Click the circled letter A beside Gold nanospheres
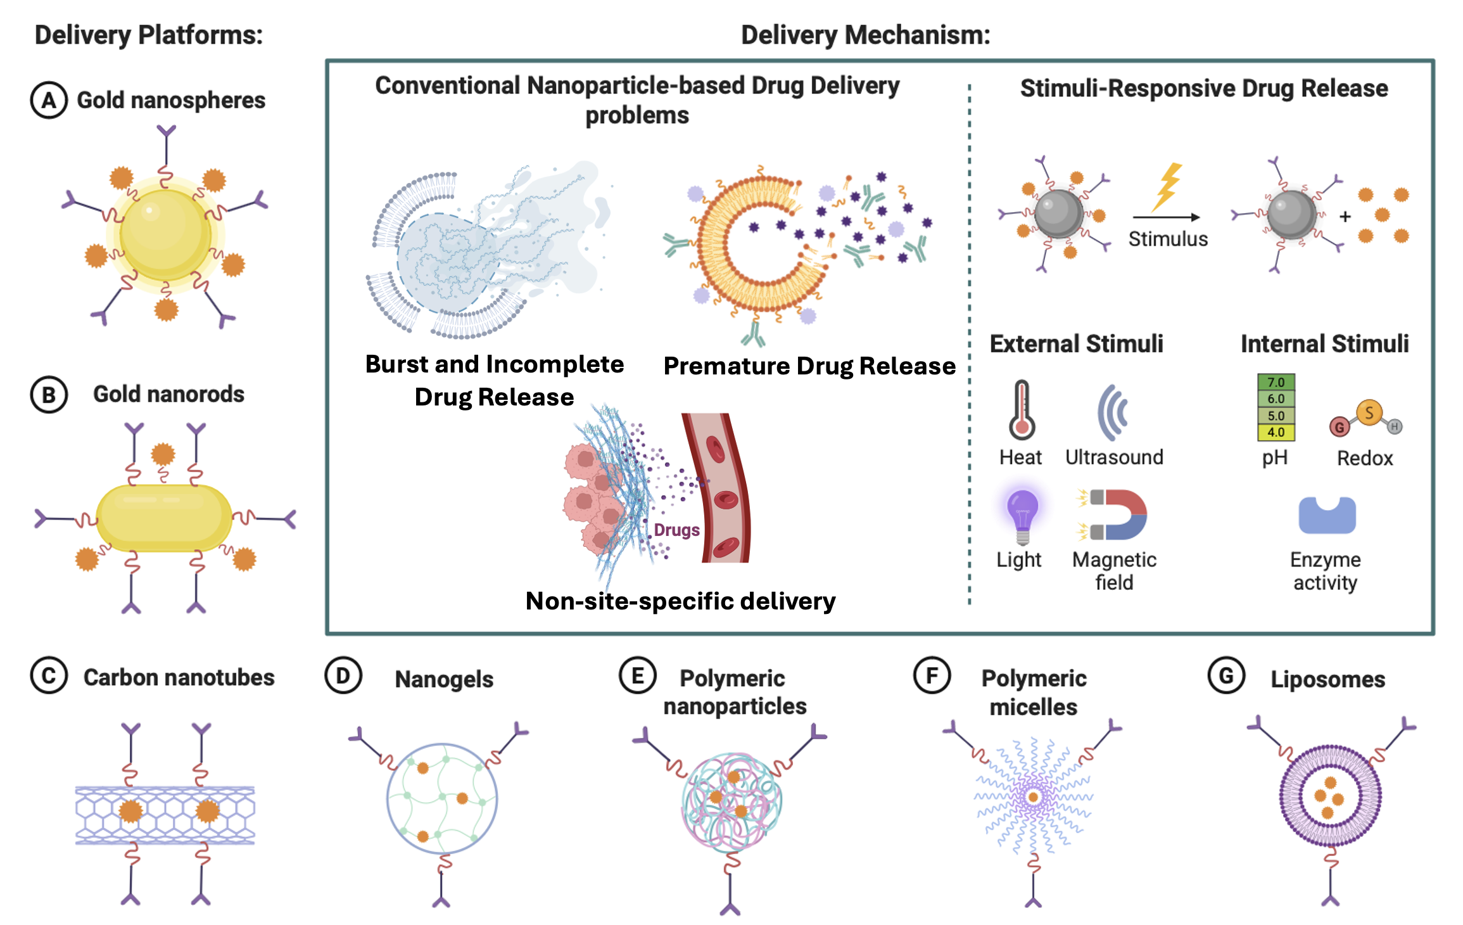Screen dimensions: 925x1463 pyautogui.click(x=49, y=101)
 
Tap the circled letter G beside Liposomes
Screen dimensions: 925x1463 pyautogui.click(x=1226, y=676)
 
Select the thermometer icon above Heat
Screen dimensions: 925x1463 pyautogui.click(x=1022, y=410)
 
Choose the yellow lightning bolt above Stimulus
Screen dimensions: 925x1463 pyautogui.click(x=1167, y=186)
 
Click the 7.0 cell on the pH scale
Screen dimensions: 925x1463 pyautogui.click(x=1276, y=383)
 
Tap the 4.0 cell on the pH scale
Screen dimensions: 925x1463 pyautogui.click(x=1276, y=433)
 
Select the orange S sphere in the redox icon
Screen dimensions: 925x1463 pyautogui.click(x=1369, y=413)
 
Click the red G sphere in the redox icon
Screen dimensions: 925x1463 pyautogui.click(x=1339, y=427)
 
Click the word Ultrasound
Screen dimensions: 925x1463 pyautogui.click(x=1114, y=457)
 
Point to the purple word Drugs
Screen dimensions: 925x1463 pyautogui.click(x=676, y=530)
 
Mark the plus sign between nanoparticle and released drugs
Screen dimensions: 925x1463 pyautogui.click(x=1345, y=217)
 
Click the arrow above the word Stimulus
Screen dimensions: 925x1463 pyautogui.click(x=1167, y=217)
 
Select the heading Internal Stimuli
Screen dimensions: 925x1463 pyautogui.click(x=1324, y=344)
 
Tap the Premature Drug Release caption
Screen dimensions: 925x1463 pyautogui.click(x=809, y=366)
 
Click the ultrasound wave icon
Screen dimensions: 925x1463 pyautogui.click(x=1113, y=412)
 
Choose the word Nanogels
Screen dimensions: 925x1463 pyautogui.click(x=444, y=679)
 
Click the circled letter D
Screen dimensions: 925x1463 pyautogui.click(x=343, y=676)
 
